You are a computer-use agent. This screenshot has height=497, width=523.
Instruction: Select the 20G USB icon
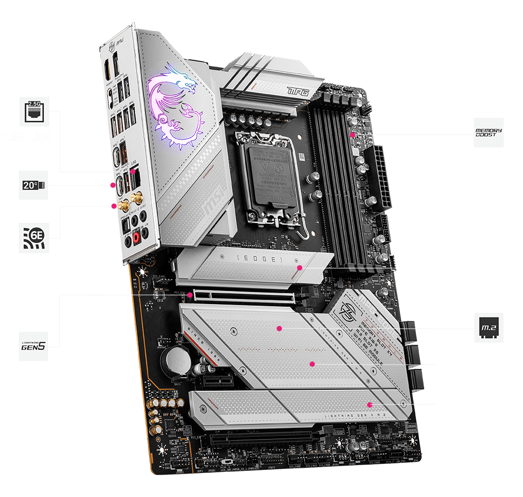33,185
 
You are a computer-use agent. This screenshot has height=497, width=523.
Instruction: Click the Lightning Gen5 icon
34,346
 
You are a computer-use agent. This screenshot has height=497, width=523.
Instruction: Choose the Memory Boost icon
488,133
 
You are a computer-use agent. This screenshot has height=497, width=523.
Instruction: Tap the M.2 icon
488,328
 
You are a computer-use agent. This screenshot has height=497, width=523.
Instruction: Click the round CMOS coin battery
176,360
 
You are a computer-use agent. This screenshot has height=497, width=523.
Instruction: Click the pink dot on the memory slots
353,134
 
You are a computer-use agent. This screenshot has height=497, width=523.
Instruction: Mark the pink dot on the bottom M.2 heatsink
370,404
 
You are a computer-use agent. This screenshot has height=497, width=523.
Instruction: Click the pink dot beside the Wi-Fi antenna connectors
114,206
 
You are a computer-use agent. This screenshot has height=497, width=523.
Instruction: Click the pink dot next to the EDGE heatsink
300,268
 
